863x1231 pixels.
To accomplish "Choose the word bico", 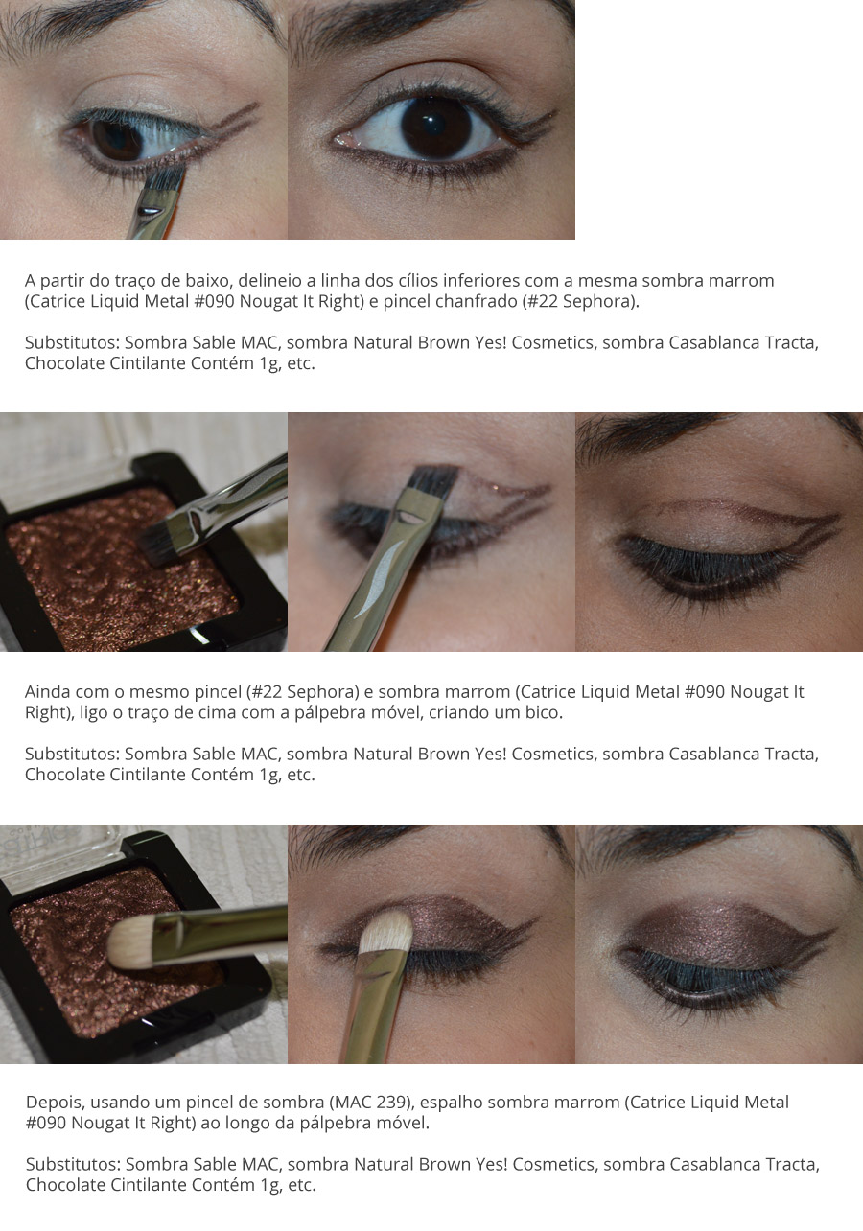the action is pyautogui.click(x=545, y=712).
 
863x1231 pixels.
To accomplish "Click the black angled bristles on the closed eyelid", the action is pyautogui.click(x=433, y=483).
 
